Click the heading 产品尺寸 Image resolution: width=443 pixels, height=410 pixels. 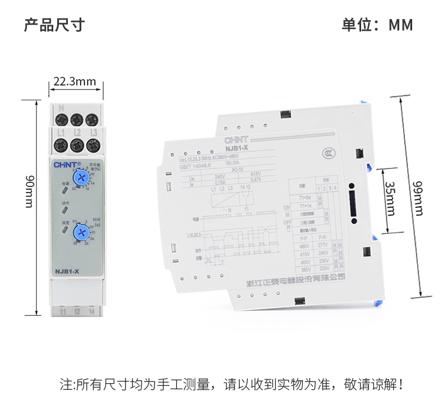point(54,25)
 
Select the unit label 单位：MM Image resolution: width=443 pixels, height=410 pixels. point(377,25)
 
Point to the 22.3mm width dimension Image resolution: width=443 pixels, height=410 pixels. point(75,82)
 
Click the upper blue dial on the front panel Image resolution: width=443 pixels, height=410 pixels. point(82,178)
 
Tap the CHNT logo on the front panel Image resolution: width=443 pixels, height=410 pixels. point(67,165)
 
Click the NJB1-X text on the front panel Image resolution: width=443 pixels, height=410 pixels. point(66,272)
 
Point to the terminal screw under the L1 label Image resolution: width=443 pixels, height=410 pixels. point(61,146)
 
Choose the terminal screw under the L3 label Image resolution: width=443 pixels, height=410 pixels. point(93,146)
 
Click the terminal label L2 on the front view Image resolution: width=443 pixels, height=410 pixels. point(77,133)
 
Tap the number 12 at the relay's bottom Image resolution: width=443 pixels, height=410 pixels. point(77,310)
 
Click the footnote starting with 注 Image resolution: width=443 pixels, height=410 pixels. point(231,385)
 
